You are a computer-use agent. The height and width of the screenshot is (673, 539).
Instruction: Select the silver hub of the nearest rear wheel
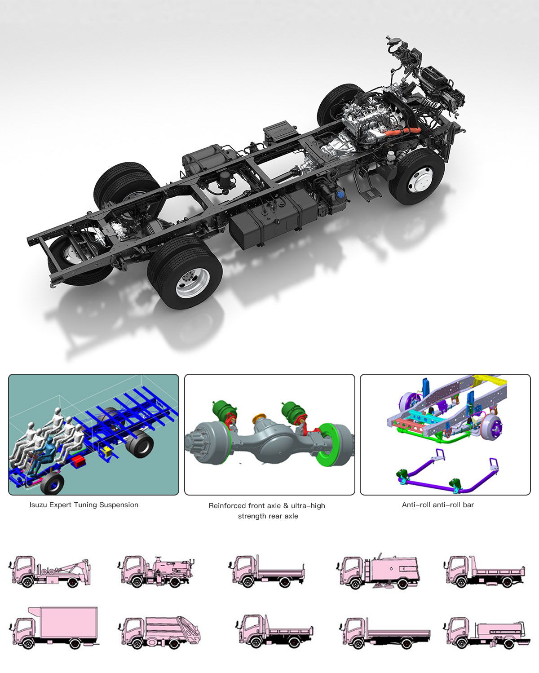coord(193,283)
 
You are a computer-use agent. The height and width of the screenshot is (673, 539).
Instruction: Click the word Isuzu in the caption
coord(37,505)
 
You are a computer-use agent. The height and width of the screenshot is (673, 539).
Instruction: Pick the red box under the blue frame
coord(79,461)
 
